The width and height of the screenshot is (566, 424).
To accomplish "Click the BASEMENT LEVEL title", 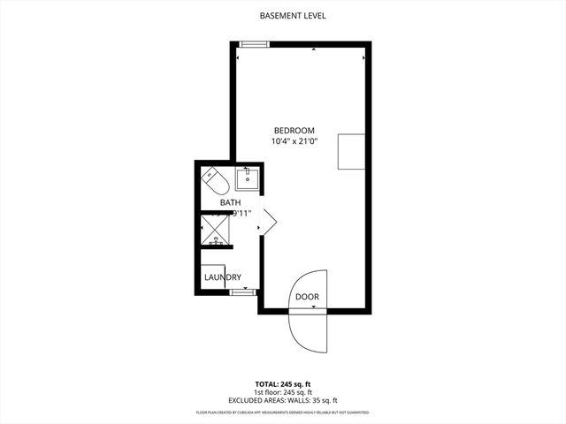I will pos(283,16).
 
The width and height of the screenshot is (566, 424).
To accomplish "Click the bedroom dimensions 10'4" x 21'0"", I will pos(294,140).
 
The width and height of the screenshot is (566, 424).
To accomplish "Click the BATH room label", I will pos(230,202).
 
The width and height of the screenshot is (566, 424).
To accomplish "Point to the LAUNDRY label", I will pos(223,277).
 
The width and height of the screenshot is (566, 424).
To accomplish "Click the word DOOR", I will pos(307,297).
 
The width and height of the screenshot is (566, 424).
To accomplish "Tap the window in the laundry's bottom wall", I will pos(242,291).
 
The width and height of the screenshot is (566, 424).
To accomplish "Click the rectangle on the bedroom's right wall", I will pos(350,152).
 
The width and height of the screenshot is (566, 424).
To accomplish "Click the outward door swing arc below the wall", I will pos(306,331).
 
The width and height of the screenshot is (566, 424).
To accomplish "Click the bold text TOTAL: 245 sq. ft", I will pos(283,384).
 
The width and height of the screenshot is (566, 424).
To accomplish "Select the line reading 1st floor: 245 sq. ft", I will pos(283,392).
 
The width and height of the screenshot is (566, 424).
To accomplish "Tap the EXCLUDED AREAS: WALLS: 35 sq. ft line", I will pos(283,401).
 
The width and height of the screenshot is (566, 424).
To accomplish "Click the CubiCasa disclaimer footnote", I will pos(283,413).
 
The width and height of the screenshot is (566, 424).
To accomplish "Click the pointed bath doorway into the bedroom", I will pos(268,221).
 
